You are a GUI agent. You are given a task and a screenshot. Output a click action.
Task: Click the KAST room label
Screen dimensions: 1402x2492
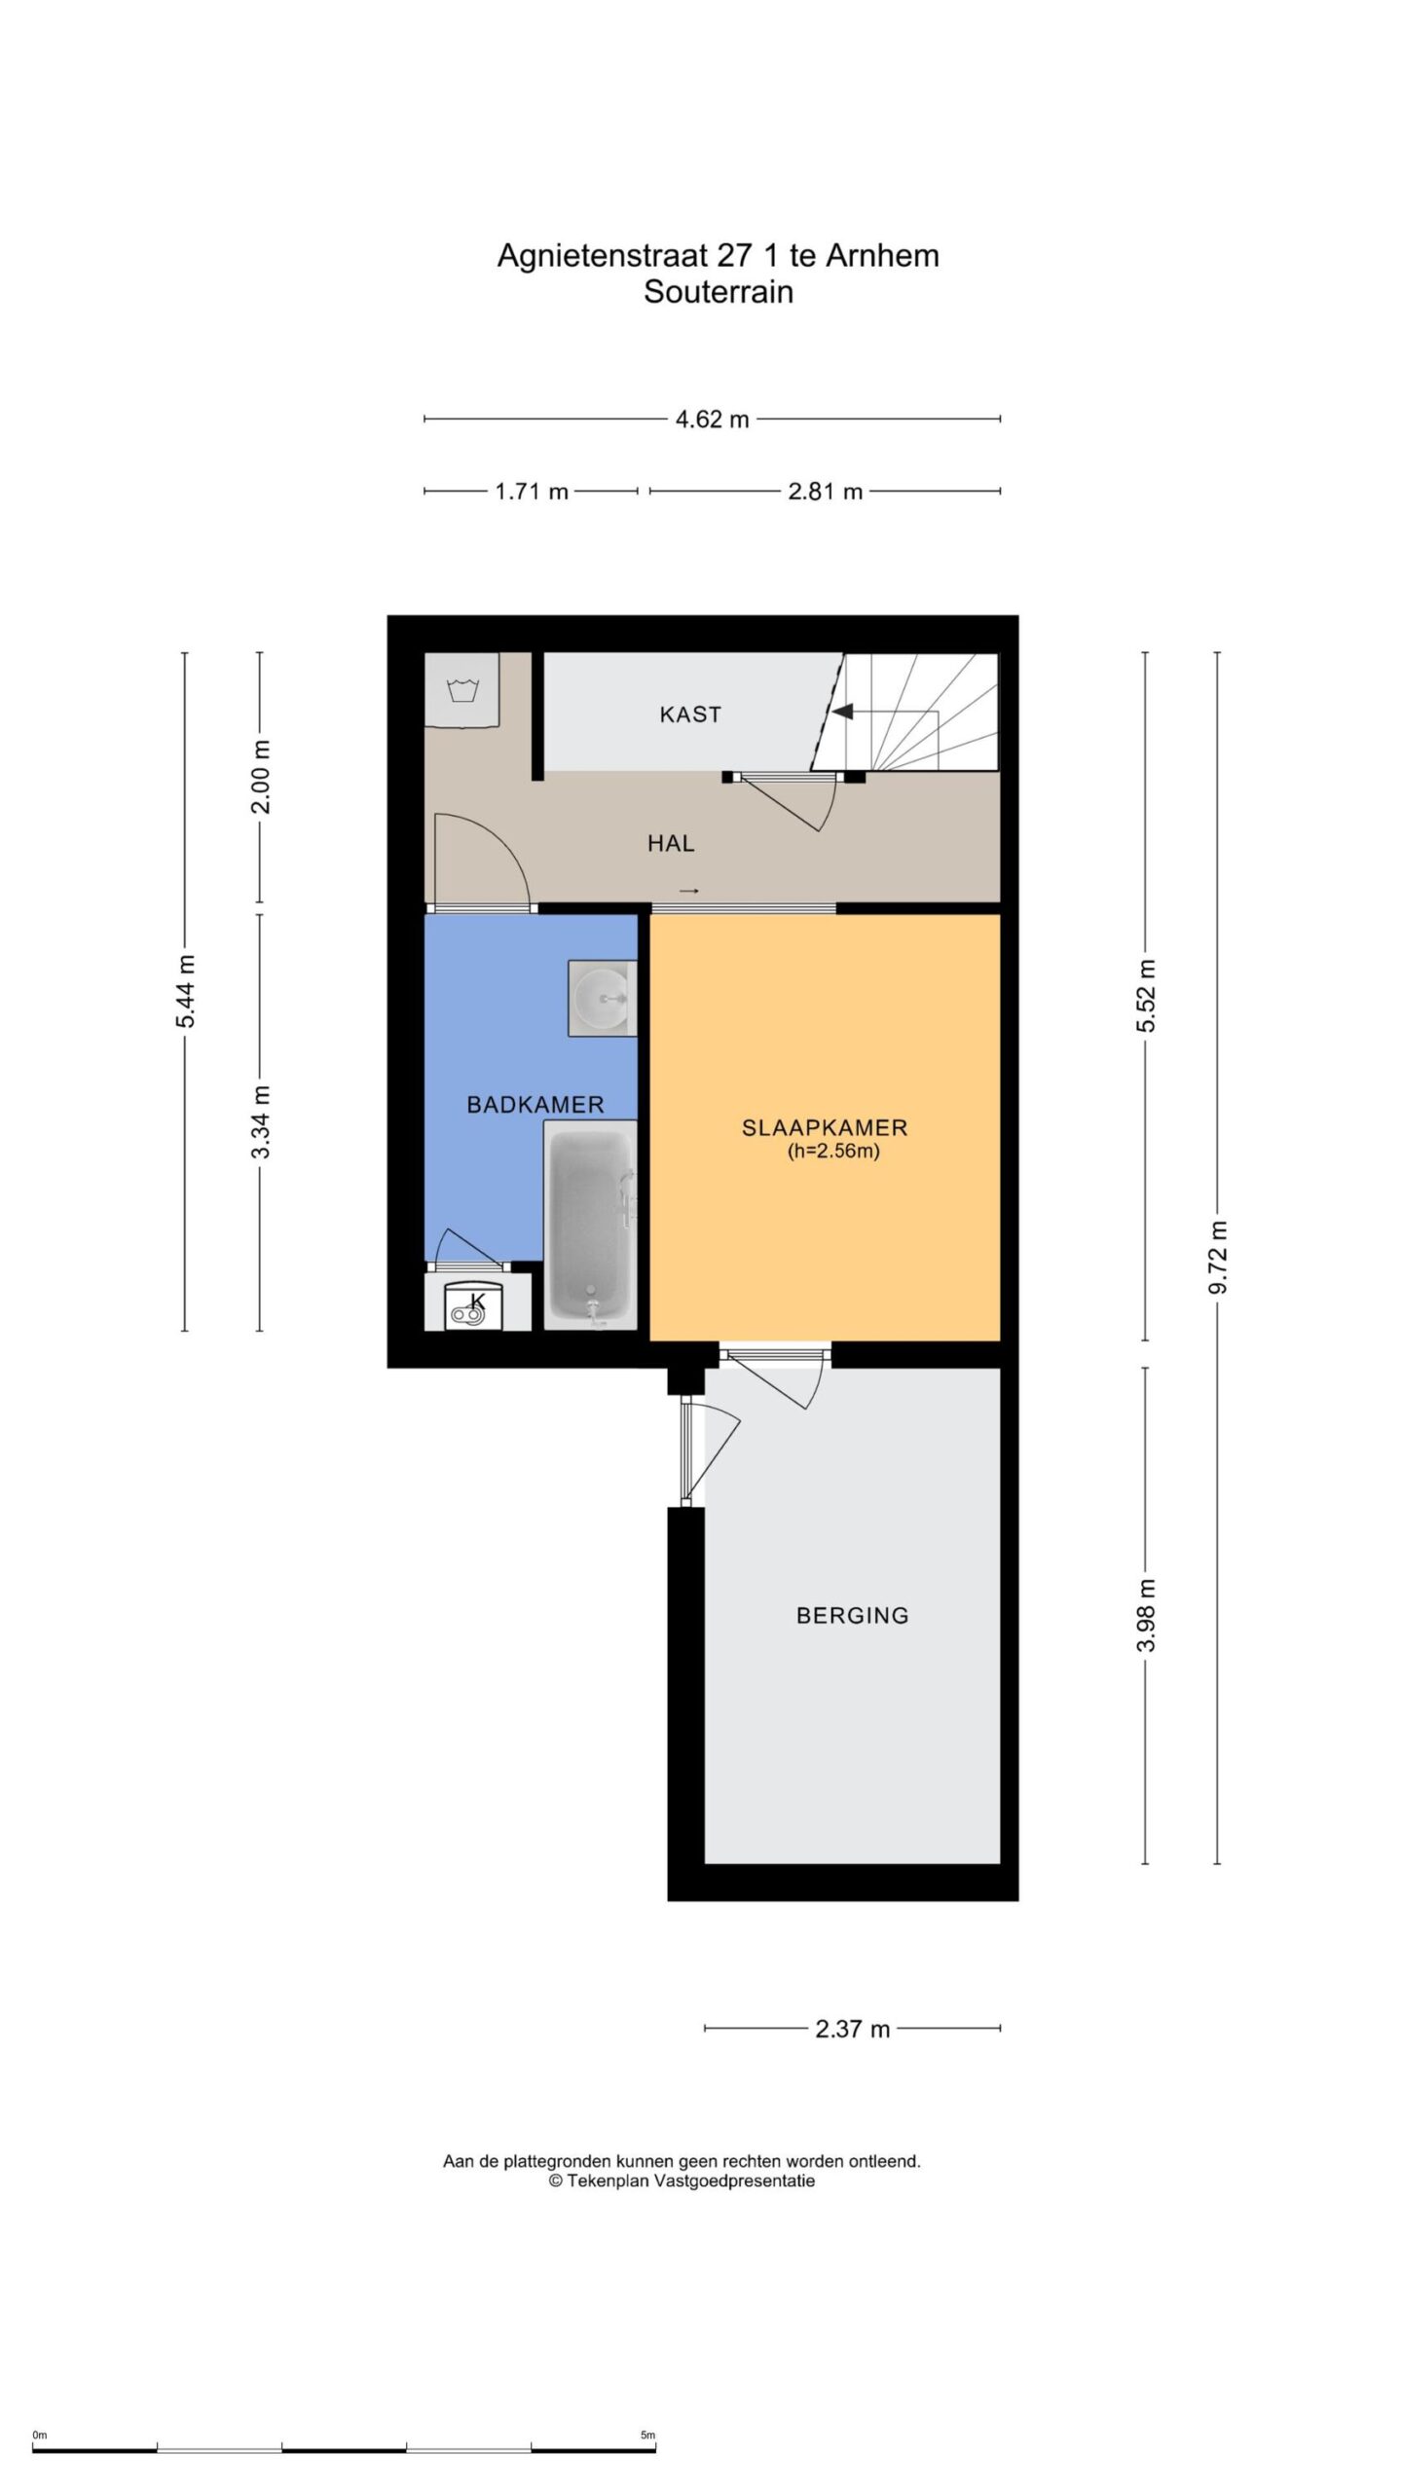(690, 715)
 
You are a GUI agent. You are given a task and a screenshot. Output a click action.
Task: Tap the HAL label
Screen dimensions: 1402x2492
(671, 843)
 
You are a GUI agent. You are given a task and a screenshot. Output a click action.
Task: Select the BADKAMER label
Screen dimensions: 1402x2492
(535, 1105)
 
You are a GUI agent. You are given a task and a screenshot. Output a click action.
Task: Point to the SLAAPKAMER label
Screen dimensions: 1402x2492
(825, 1128)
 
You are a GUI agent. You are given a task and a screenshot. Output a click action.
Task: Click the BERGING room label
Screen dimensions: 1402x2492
(853, 1616)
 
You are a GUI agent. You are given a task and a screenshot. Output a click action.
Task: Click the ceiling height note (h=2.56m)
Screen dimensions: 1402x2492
(833, 1152)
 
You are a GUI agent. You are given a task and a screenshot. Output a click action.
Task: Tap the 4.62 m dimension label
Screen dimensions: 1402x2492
(713, 420)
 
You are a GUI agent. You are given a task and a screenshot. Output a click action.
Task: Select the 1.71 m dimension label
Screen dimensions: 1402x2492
(532, 492)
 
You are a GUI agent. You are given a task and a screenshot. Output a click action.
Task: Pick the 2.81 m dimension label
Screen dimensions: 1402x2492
(826, 492)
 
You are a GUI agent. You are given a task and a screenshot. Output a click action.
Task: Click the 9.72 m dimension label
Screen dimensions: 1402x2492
(1218, 1257)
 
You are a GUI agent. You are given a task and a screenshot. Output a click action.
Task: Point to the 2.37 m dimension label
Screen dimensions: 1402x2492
(853, 2029)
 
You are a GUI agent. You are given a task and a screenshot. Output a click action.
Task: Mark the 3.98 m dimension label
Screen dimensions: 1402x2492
(1146, 1615)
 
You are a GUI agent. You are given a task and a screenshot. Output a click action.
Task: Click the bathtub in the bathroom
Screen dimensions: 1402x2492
(590, 1225)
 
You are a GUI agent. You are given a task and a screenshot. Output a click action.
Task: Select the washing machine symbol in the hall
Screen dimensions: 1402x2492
(462, 690)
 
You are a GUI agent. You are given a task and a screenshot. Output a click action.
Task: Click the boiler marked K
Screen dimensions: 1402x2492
(472, 1304)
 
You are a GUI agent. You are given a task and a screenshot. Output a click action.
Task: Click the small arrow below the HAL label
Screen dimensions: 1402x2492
(689, 891)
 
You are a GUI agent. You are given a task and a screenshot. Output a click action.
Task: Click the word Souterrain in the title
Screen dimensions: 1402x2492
(719, 292)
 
